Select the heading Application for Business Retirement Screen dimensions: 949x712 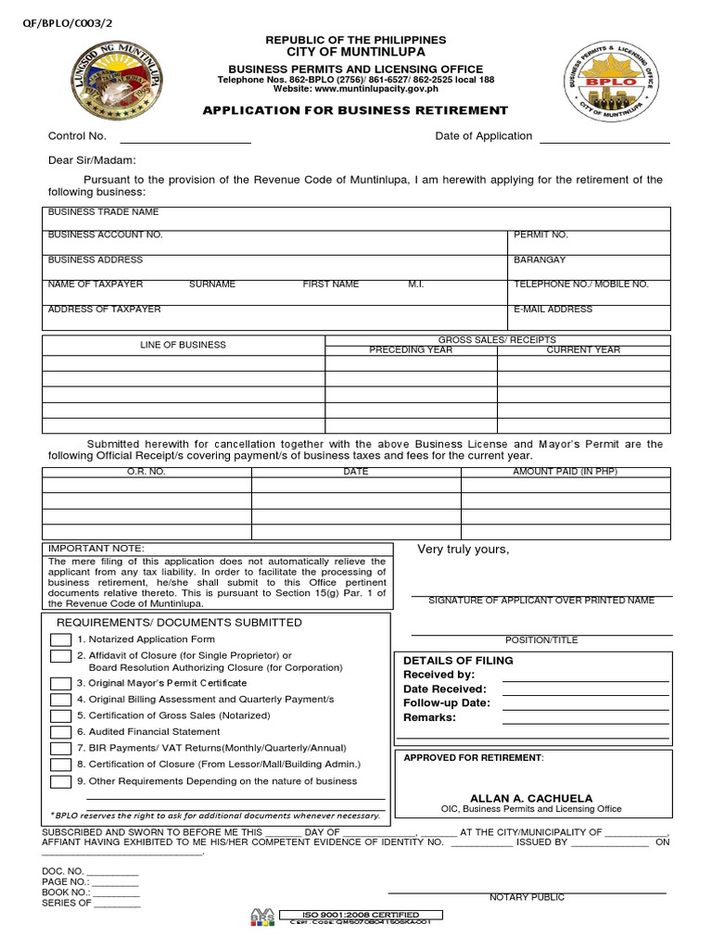click(x=355, y=110)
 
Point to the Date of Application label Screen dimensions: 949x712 click(x=483, y=136)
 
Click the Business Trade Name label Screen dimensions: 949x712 click(x=104, y=212)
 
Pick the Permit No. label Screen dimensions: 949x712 click(x=541, y=235)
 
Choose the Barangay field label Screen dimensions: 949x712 click(x=540, y=260)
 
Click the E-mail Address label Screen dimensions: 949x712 click(x=553, y=310)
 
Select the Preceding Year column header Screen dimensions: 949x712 click(x=411, y=350)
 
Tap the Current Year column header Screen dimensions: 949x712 click(x=583, y=350)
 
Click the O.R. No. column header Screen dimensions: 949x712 click(x=146, y=472)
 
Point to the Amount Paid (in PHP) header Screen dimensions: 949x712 click(x=565, y=472)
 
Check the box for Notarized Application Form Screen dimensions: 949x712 click(x=60, y=639)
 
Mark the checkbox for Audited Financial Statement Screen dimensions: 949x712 click(x=60, y=732)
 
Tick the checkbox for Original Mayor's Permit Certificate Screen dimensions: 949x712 click(x=60, y=683)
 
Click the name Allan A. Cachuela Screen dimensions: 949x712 click(x=531, y=798)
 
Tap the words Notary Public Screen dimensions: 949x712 click(x=527, y=897)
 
